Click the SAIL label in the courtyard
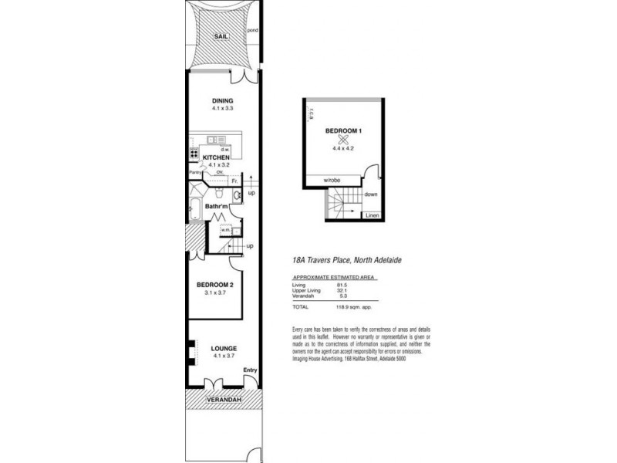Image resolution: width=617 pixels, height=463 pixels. click(x=221, y=35)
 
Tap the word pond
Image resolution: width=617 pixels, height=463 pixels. click(x=252, y=31)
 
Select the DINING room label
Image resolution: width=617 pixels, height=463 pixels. click(x=222, y=102)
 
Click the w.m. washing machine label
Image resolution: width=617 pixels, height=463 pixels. click(x=227, y=228)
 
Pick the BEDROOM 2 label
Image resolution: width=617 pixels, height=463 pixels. click(x=212, y=284)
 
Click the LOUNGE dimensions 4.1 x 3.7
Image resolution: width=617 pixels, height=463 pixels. click(x=224, y=356)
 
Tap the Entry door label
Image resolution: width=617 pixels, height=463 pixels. click(x=249, y=371)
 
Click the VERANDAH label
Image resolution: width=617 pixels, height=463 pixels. click(x=223, y=400)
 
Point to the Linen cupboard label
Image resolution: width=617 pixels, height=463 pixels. click(x=372, y=215)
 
